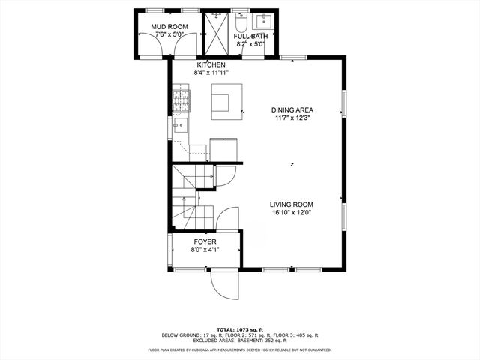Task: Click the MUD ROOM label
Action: [x=170, y=27]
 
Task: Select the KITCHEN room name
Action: [x=210, y=65]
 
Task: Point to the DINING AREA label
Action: [x=292, y=110]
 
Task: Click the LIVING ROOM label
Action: [x=292, y=204]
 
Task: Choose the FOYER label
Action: [x=204, y=241]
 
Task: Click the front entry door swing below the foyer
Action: [x=224, y=283]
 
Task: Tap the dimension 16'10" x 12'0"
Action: [x=292, y=213]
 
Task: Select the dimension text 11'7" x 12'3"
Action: [x=292, y=118]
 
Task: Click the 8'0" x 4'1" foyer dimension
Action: [x=204, y=250]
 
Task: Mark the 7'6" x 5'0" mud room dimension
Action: [x=170, y=35]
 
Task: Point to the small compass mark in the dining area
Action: [x=292, y=164]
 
